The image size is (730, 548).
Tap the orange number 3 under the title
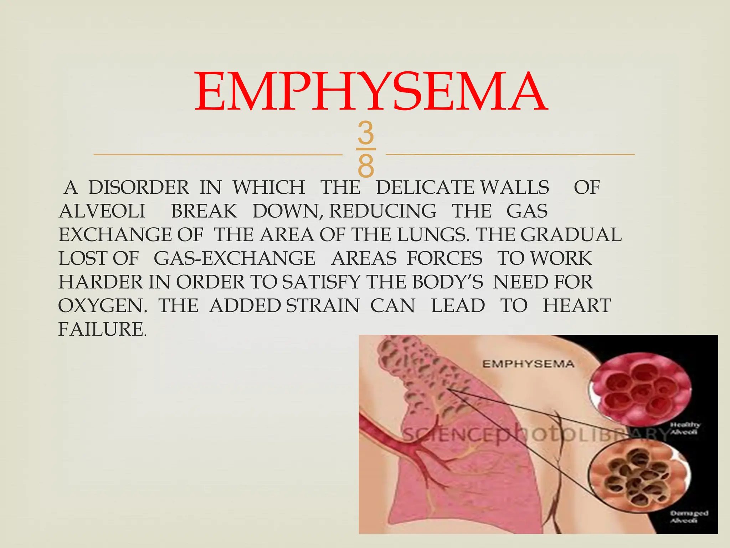tap(366, 133)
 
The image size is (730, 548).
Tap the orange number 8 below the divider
tap(366, 166)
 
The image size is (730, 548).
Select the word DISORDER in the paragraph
tap(139, 188)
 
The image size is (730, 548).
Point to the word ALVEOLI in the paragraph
tap(102, 211)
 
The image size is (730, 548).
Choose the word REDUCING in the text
tap(383, 211)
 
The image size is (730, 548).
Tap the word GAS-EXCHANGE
tap(235, 258)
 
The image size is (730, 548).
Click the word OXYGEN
tap(103, 306)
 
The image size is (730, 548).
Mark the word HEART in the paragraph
tap(577, 306)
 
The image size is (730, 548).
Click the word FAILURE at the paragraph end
tap(101, 329)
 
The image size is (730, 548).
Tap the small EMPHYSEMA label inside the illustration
tap(528, 364)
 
